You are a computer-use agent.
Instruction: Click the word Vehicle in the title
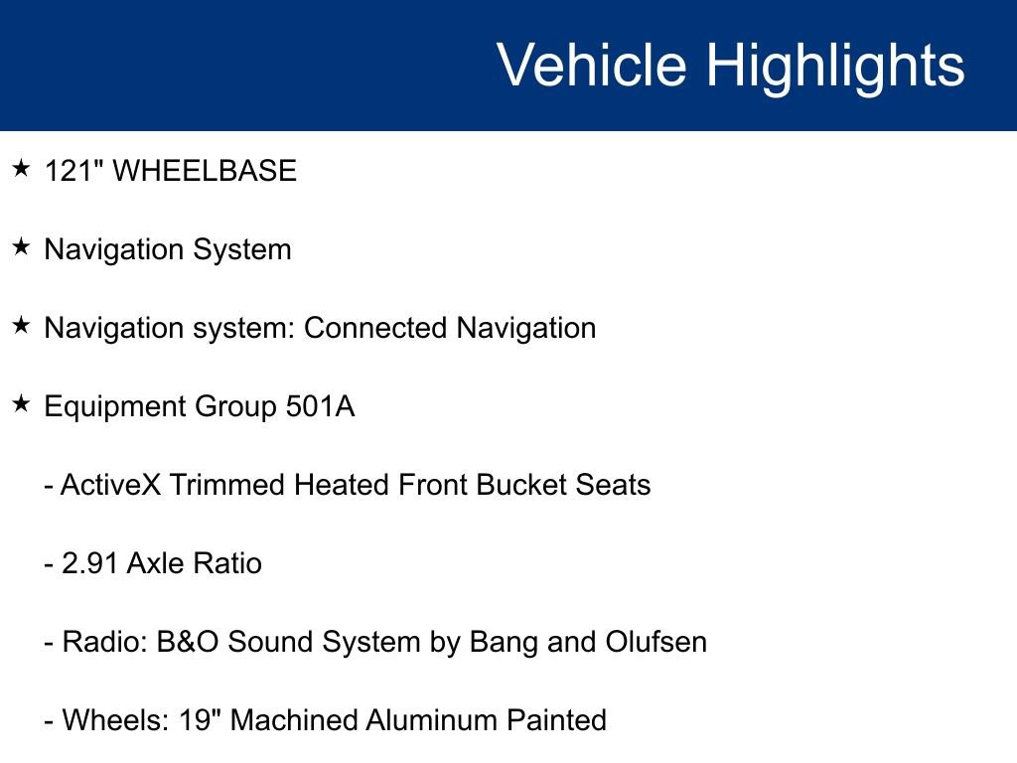pyautogui.click(x=591, y=66)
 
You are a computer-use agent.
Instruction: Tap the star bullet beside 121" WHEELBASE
pyautogui.click(x=22, y=169)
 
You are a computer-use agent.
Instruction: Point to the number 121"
pyautogui.click(x=73, y=171)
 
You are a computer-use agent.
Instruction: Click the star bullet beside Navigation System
pyautogui.click(x=22, y=247)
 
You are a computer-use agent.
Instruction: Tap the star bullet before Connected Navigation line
pyautogui.click(x=22, y=326)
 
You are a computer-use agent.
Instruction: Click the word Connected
pyautogui.click(x=375, y=328)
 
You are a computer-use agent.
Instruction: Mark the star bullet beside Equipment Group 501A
pyautogui.click(x=22, y=404)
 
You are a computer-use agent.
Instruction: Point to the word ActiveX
pyautogui.click(x=111, y=485)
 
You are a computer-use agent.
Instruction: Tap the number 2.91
pyautogui.click(x=90, y=564)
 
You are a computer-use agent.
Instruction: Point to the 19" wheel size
pyautogui.click(x=200, y=719)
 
